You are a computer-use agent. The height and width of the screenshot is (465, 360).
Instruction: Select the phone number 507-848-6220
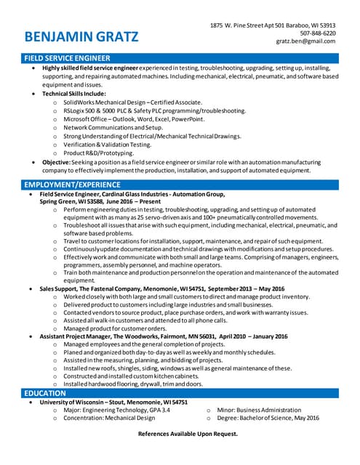coord(318,33)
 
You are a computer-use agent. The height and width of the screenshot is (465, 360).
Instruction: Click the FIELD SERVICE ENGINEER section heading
coord(68,57)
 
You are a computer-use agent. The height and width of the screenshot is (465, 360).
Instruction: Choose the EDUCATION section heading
coord(45,393)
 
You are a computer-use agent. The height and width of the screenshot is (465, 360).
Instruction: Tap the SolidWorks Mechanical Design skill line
coord(132,102)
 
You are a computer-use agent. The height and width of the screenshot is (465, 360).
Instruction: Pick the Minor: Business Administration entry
coord(260,410)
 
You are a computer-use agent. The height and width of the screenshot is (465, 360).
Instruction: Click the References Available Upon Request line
coord(188,434)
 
